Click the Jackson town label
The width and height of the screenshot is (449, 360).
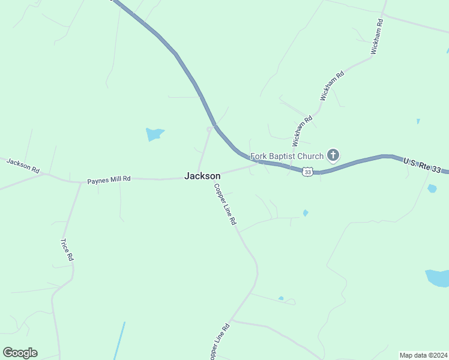(x=202, y=176)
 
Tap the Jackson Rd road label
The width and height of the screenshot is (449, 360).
(x=23, y=166)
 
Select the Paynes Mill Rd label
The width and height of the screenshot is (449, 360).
(x=109, y=179)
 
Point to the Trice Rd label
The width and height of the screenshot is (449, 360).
(x=67, y=249)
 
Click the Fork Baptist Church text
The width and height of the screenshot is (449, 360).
(x=287, y=157)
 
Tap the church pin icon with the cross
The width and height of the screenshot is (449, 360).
(x=333, y=156)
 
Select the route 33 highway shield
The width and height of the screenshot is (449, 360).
(x=307, y=172)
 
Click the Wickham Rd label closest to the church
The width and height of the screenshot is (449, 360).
(x=303, y=131)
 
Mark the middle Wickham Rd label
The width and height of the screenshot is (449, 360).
(x=332, y=85)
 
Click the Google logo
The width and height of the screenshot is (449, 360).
(x=20, y=353)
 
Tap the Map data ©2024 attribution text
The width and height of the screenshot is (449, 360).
(x=423, y=355)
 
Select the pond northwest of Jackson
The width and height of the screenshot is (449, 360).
(x=154, y=134)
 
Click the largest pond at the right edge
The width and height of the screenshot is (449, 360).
(x=438, y=278)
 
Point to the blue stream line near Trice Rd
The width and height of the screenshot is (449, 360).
(x=119, y=341)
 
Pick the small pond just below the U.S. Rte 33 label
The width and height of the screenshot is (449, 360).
(x=432, y=188)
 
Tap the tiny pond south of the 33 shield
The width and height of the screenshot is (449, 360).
(x=306, y=212)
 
